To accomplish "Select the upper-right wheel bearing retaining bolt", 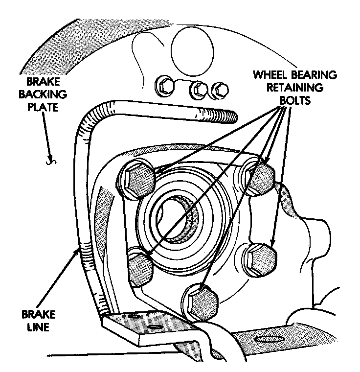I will [258, 177].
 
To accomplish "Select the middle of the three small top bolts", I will [198, 90].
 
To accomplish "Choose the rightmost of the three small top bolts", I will [222, 90].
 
